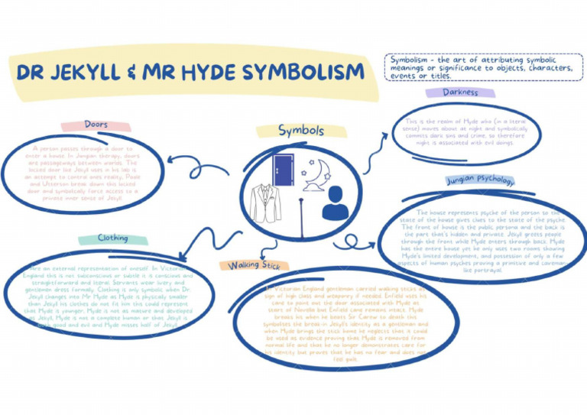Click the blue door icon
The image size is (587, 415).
(284, 170)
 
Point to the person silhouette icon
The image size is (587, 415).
(335, 204)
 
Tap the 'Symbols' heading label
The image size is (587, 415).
(300, 131)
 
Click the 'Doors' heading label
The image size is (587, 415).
(84, 125)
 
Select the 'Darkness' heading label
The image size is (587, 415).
(460, 92)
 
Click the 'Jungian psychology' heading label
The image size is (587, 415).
(479, 181)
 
